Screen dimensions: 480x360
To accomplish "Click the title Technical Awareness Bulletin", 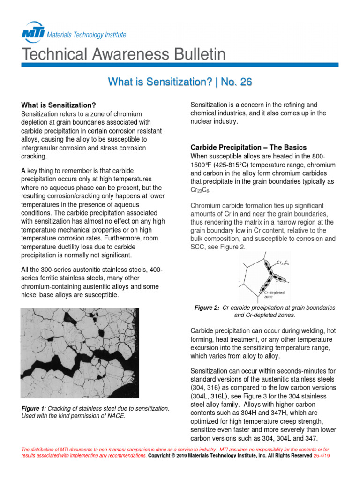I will click(123, 54).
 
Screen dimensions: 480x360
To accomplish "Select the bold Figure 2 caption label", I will click(207, 308).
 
